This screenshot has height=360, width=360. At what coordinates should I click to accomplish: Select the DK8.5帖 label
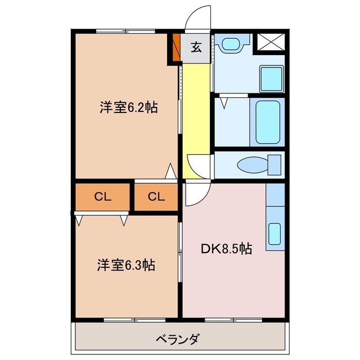226,249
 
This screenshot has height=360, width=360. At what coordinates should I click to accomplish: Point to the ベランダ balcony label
177,339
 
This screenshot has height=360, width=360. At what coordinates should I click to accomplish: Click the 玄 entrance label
196,48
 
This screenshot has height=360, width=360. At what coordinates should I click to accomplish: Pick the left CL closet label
102,196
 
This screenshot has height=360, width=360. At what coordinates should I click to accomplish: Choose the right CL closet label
156,196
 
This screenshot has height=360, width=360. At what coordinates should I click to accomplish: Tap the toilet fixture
259,165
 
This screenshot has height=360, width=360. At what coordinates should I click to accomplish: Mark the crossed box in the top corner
270,43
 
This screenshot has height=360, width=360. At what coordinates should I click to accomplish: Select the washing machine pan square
272,78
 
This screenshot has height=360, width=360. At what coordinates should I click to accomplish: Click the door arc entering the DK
195,194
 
